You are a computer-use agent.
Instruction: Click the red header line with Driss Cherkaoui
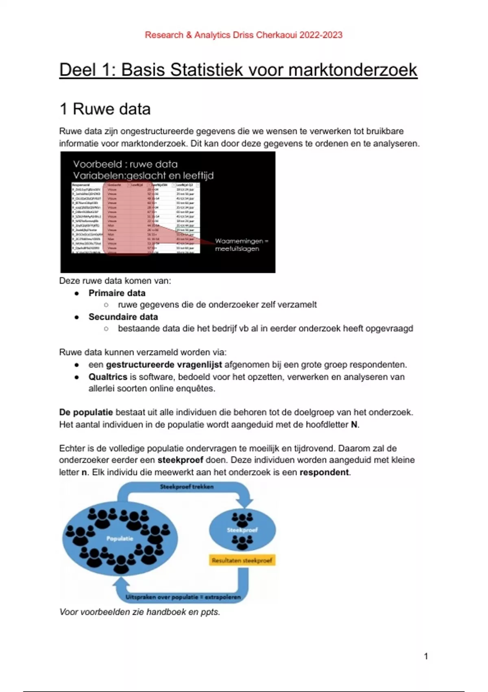(243, 35)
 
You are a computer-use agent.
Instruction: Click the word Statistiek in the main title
(207, 70)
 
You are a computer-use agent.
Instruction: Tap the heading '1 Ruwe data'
(105, 109)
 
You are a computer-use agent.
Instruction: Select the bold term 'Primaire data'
(117, 293)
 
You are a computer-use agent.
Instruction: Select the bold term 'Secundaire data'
(123, 317)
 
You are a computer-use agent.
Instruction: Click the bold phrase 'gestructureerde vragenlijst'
(164, 365)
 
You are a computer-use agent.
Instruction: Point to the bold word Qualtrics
(108, 377)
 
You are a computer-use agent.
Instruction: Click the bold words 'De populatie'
(86, 412)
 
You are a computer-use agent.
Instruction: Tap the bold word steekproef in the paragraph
(180, 460)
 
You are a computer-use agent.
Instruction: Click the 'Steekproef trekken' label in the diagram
(187, 487)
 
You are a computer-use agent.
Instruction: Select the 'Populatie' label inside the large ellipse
(120, 539)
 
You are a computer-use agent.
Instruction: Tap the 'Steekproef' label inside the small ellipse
(242, 530)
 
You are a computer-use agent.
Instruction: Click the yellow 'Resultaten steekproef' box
(242, 561)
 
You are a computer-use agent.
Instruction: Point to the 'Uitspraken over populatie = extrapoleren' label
(183, 597)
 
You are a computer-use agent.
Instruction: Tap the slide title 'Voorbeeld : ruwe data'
(125, 164)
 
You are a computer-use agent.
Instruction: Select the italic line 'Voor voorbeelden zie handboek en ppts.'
(139, 612)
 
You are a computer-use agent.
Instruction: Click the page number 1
(426, 656)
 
